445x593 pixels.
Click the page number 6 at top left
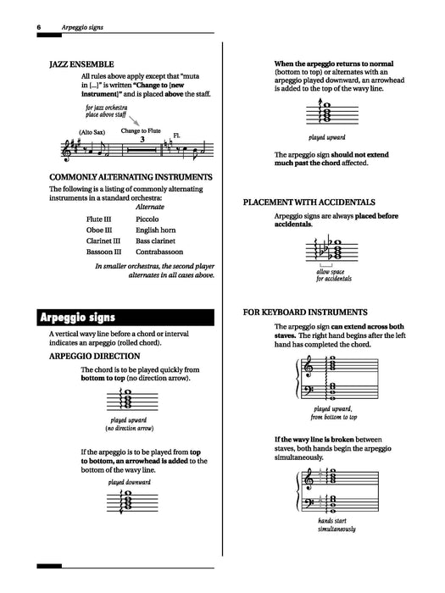39,27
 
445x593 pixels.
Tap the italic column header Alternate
149,206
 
